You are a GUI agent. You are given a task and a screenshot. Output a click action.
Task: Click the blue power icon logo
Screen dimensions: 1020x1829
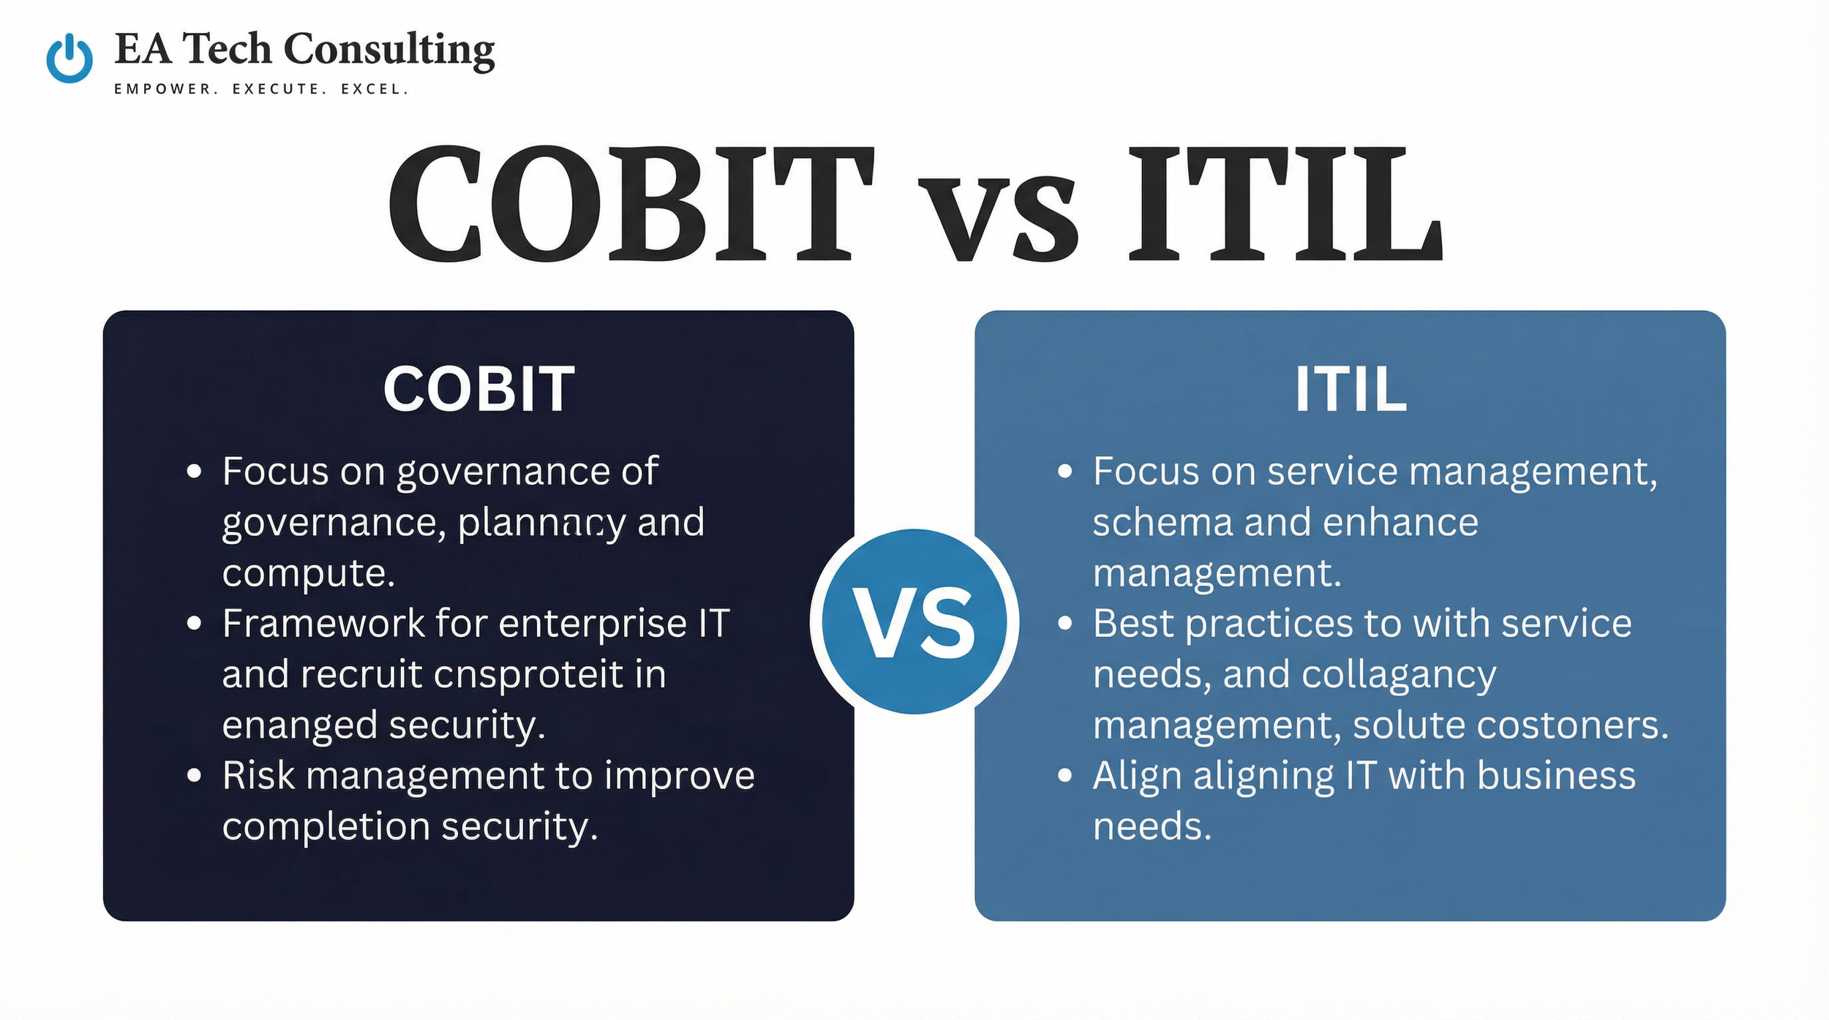(70, 58)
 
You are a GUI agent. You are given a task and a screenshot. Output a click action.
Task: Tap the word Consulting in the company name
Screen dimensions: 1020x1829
(388, 50)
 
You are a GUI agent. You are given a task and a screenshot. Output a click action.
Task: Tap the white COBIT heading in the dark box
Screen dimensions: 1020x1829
(478, 389)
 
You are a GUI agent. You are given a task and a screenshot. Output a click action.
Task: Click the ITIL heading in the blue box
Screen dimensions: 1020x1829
(1350, 389)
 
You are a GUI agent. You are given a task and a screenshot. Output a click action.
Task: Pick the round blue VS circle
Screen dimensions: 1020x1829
(914, 622)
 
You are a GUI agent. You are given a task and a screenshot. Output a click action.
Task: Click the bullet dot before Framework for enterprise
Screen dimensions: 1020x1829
(194, 624)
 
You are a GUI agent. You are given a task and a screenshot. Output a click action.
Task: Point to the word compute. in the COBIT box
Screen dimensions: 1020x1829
(308, 573)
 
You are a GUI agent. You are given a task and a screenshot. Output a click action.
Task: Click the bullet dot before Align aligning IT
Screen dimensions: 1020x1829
(1064, 776)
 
